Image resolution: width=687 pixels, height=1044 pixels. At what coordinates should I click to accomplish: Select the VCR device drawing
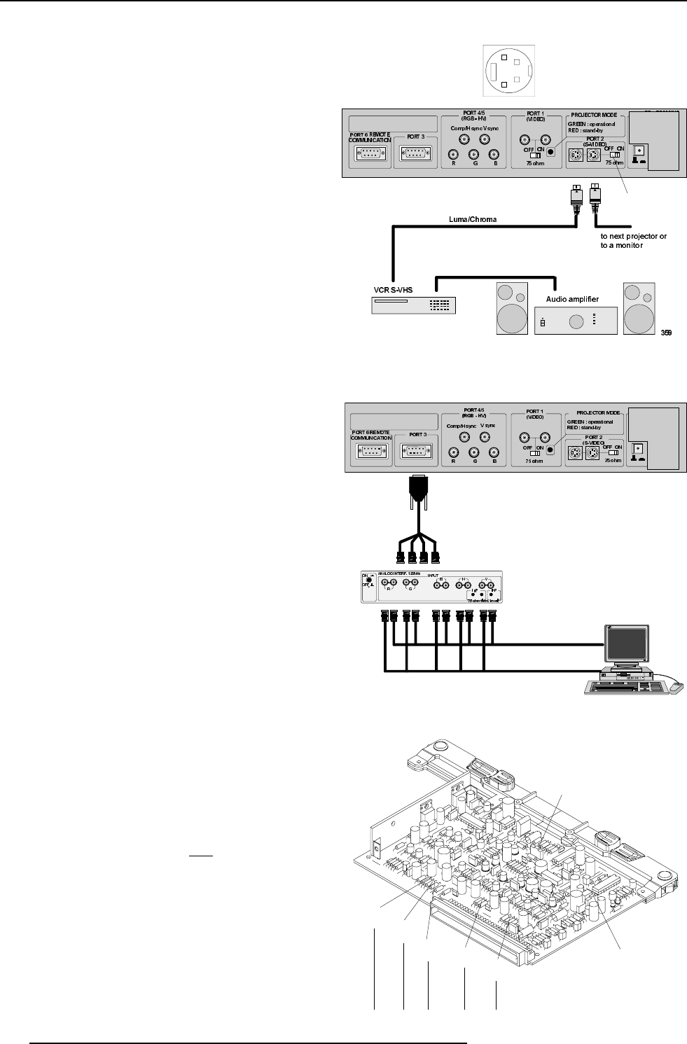[x=413, y=305]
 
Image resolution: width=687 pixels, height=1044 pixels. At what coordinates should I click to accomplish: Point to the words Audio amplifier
[x=571, y=299]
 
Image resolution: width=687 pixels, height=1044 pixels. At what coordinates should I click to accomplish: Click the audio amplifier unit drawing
[x=576, y=321]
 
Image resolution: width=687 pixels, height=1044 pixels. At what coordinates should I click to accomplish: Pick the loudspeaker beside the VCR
[x=512, y=309]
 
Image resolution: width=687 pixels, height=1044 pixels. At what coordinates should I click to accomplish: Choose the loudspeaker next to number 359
[x=639, y=309]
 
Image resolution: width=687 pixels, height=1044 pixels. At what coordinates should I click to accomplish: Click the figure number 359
[x=666, y=333]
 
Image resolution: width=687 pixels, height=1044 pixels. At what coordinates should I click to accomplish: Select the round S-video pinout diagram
[x=508, y=70]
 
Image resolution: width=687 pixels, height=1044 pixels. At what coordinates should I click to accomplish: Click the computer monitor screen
[x=627, y=640]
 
